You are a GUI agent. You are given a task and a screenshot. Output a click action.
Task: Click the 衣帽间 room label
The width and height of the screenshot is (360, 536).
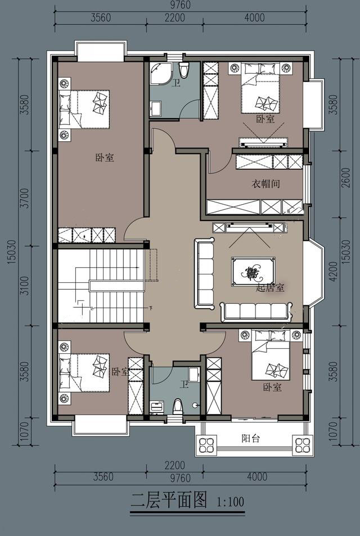[265, 184]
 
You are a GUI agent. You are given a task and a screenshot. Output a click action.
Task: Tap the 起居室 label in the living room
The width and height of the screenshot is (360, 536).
[270, 288]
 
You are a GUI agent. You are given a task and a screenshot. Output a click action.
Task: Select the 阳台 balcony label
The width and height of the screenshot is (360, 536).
[251, 439]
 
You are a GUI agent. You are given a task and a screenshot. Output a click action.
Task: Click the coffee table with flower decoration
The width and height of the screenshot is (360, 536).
[253, 272]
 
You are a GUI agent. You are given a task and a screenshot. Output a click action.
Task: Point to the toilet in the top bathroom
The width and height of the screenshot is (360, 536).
[183, 70]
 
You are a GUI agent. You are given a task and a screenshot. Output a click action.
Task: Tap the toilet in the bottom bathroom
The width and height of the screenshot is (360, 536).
[178, 407]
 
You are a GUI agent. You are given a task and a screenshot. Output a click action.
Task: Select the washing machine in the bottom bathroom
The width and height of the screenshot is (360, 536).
[157, 407]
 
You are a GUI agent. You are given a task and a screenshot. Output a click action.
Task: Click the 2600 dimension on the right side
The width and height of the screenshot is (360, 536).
[345, 178]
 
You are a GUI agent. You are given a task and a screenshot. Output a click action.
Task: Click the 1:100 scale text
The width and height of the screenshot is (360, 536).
[231, 502]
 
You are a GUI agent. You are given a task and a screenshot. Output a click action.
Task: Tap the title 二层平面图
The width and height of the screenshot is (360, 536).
[169, 501]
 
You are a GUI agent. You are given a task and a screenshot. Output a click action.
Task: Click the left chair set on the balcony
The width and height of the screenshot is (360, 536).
[206, 444]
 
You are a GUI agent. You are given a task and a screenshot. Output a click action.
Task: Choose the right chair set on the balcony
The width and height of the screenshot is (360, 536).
[302, 445]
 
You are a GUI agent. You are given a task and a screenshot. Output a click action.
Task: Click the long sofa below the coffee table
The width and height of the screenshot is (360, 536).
[256, 312]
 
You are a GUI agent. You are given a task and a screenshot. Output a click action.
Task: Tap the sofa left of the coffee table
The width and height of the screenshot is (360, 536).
[204, 273]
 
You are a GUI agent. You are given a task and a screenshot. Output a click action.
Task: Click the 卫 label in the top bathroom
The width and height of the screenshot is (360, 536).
[176, 83]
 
